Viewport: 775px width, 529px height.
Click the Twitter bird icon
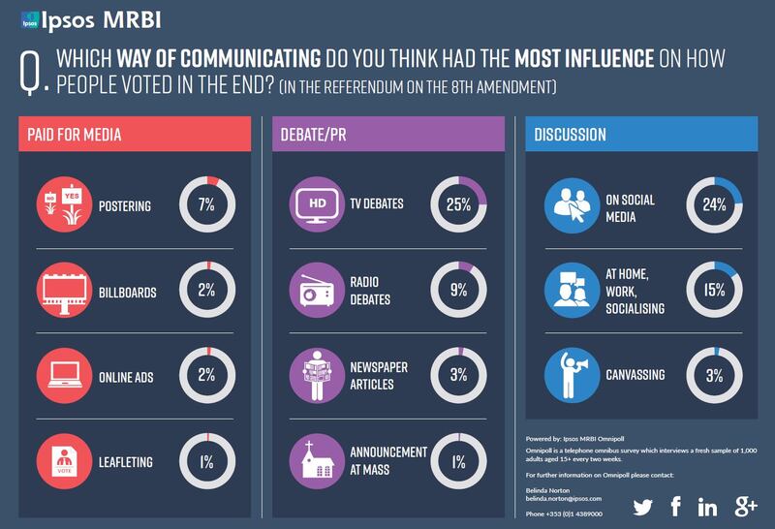(644, 506)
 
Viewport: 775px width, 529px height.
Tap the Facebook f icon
(676, 506)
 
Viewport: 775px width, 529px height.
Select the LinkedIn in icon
(708, 507)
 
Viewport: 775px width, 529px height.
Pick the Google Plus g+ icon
(746, 506)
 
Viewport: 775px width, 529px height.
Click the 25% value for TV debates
(458, 204)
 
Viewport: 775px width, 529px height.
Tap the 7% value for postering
(207, 205)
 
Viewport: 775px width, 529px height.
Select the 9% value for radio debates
(458, 289)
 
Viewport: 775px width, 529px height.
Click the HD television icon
(319, 204)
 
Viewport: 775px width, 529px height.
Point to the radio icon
(319, 289)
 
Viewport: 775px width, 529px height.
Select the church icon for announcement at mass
(319, 460)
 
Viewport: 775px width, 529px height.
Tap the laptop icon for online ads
(65, 375)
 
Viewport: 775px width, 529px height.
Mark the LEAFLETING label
(126, 462)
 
